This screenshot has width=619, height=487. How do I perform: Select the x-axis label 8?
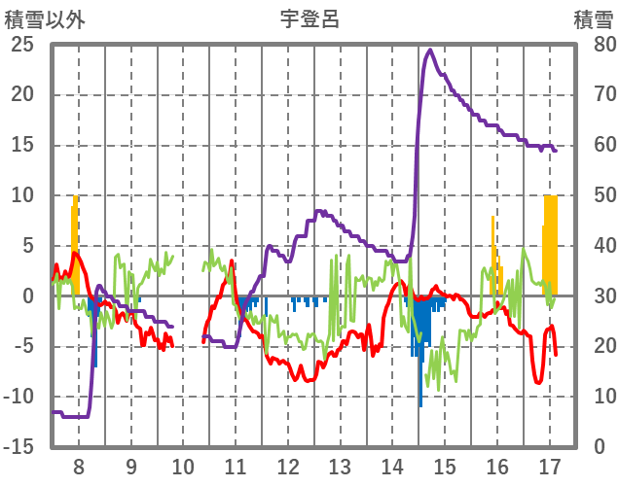pyautogui.click(x=79, y=466)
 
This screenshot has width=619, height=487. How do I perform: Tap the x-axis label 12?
pyautogui.click(x=288, y=466)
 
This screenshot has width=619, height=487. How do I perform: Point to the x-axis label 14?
pyautogui.click(x=392, y=466)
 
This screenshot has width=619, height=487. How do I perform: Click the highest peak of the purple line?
pyautogui.click(x=430, y=50)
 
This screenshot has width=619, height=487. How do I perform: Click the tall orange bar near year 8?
pyautogui.click(x=75, y=233)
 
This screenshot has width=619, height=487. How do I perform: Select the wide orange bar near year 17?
pyautogui.click(x=551, y=243)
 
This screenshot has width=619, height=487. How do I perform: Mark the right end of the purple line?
pyautogui.click(x=555, y=151)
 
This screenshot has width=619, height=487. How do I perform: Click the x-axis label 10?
pyautogui.click(x=183, y=466)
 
